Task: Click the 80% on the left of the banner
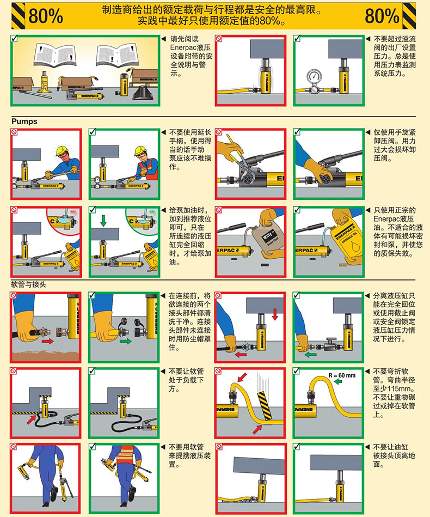coord(46,15)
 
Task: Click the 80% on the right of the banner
coord(382,15)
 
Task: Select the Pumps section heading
coord(24,121)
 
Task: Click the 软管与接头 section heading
coord(28,284)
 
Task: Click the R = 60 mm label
coord(342,375)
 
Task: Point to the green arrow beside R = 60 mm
coord(338,382)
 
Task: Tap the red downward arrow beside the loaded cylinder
coord(275,314)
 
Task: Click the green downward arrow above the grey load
coord(103,221)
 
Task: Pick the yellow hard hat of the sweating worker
coord(62,150)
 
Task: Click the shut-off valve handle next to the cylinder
coord(331,339)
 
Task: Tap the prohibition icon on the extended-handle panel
coord(14,132)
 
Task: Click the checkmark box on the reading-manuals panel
coord(14,38)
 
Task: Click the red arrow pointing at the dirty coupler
coord(47,341)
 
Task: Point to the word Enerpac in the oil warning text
coord(386,219)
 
